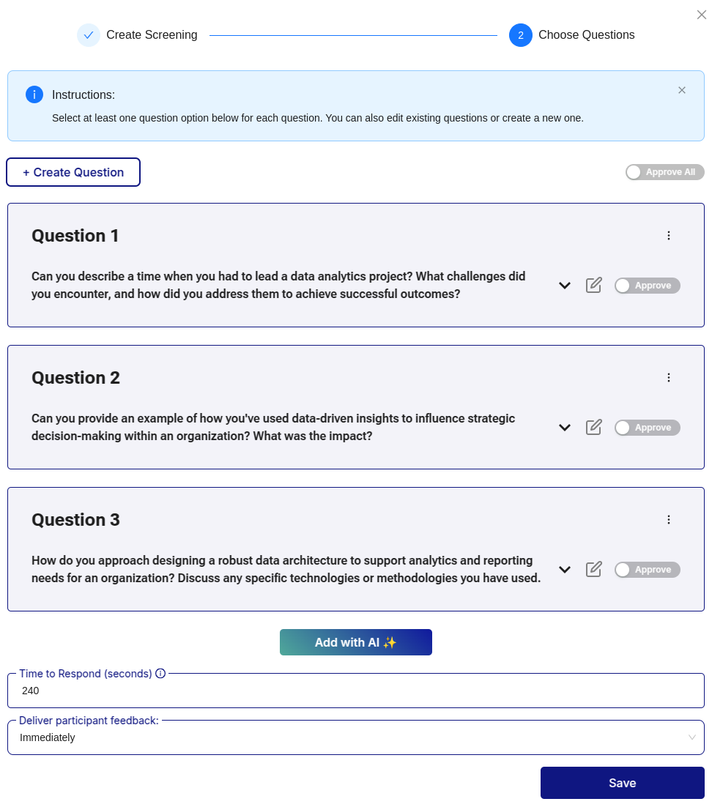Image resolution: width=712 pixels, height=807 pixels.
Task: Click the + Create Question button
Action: tap(73, 172)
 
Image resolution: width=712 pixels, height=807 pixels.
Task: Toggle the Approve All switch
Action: tap(664, 172)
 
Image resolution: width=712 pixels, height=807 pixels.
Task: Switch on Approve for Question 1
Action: tap(647, 286)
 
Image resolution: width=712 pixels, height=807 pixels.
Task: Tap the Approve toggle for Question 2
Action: tap(647, 428)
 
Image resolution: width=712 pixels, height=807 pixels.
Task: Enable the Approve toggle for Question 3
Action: tap(647, 570)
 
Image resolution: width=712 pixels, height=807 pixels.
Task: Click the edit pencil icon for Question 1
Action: tap(594, 285)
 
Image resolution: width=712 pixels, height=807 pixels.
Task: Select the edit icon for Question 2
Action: tap(594, 427)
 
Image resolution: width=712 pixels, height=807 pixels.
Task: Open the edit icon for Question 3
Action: tap(594, 569)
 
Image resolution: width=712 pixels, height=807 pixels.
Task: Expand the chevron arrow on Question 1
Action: tap(565, 286)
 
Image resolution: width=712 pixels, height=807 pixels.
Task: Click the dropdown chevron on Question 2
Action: tap(565, 428)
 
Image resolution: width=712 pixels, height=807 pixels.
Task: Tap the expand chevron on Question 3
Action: tap(565, 570)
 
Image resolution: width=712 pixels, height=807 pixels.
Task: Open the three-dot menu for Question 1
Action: tap(668, 236)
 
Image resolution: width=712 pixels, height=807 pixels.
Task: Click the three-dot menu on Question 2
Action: tap(668, 378)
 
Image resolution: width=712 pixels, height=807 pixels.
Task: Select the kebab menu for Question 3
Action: tap(668, 520)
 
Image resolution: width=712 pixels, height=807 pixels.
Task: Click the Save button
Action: tap(622, 783)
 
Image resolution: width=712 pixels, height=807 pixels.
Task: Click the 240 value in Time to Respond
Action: tap(31, 691)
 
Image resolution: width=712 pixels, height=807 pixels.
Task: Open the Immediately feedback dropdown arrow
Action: tap(691, 737)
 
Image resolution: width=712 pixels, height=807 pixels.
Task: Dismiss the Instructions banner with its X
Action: tap(682, 90)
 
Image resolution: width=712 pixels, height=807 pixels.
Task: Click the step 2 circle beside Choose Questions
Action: tap(521, 35)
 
